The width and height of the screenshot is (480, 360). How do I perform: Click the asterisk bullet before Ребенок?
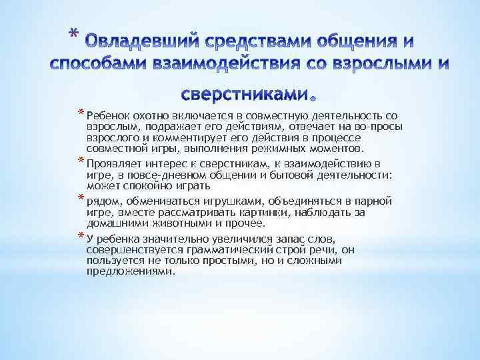[81, 112]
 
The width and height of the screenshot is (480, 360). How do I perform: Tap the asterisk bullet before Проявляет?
[81, 160]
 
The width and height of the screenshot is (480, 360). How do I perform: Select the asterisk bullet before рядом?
[81, 198]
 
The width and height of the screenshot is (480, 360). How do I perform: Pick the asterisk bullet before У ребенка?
[81, 237]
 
